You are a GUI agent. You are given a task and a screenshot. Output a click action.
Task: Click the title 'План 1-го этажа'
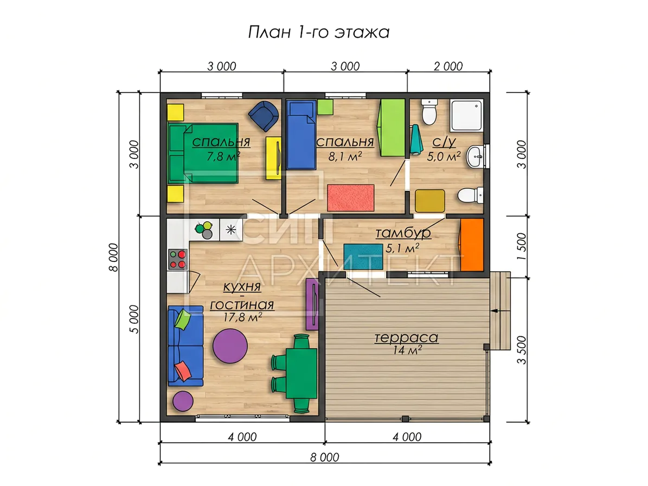(x=319, y=32)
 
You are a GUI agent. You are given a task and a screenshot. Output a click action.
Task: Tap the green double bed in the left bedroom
(x=203, y=153)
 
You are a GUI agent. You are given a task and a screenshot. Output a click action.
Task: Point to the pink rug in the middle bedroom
(x=350, y=197)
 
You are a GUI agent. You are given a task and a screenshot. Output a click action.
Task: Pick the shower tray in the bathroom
(x=466, y=116)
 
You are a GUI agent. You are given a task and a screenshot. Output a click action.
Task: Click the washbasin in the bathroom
(x=476, y=157)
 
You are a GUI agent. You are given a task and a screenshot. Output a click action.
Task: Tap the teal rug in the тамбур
(x=363, y=257)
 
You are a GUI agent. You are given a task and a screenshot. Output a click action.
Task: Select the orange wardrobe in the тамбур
(x=472, y=245)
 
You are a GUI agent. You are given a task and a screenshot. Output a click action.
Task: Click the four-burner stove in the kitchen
(x=178, y=259)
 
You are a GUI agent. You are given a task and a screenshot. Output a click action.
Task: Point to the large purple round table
(x=230, y=346)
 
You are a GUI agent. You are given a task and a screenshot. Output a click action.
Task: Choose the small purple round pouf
(x=183, y=401)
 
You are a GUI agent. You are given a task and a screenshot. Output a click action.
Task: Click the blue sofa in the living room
(x=185, y=346)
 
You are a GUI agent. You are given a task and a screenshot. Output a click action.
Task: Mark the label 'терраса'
(x=406, y=337)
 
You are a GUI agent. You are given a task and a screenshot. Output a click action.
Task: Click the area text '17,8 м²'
(x=242, y=317)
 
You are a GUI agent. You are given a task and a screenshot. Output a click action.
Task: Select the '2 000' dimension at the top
(x=448, y=66)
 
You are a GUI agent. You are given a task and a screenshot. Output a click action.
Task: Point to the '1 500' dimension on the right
(x=522, y=246)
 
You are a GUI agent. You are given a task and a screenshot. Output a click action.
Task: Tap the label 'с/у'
(x=444, y=142)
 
